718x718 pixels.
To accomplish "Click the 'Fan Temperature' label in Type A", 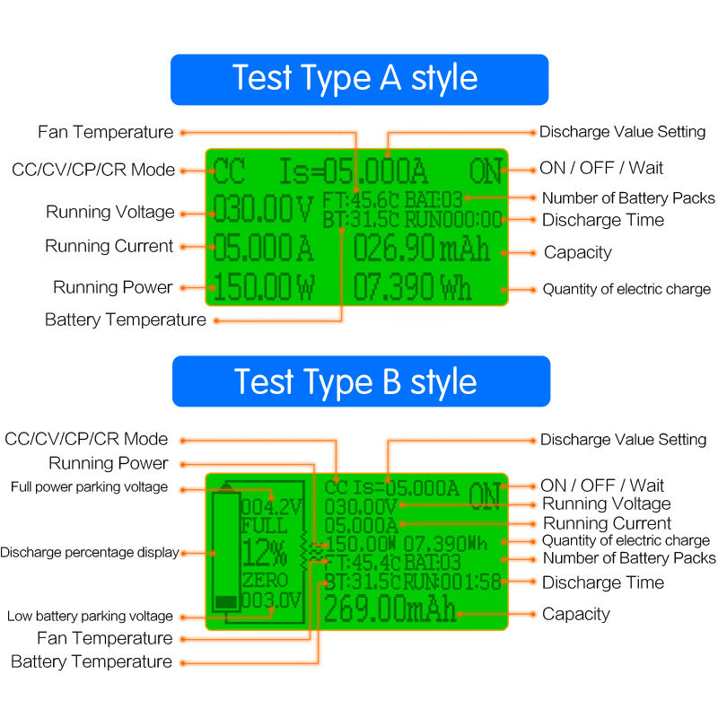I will pyautogui.click(x=106, y=132).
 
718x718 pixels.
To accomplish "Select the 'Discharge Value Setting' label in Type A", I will pyautogui.click(x=622, y=132).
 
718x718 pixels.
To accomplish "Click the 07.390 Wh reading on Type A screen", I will pyautogui.click(x=412, y=287).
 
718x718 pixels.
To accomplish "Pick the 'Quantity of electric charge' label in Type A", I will pyautogui.click(x=626, y=289).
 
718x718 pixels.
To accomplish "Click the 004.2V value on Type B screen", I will pyautogui.click(x=270, y=505).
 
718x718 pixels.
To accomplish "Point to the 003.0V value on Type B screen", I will pyautogui.click(x=271, y=600).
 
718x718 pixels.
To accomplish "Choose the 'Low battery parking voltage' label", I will pyautogui.click(x=90, y=616).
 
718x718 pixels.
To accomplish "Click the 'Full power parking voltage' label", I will pyautogui.click(x=89, y=486).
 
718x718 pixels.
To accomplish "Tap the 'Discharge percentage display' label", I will pyautogui.click(x=90, y=552).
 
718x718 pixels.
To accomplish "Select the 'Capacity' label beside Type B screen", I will pyautogui.click(x=575, y=614).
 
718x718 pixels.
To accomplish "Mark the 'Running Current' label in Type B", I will pyautogui.click(x=607, y=523).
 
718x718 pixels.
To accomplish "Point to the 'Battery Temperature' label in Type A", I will pyautogui.click(x=125, y=320).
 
